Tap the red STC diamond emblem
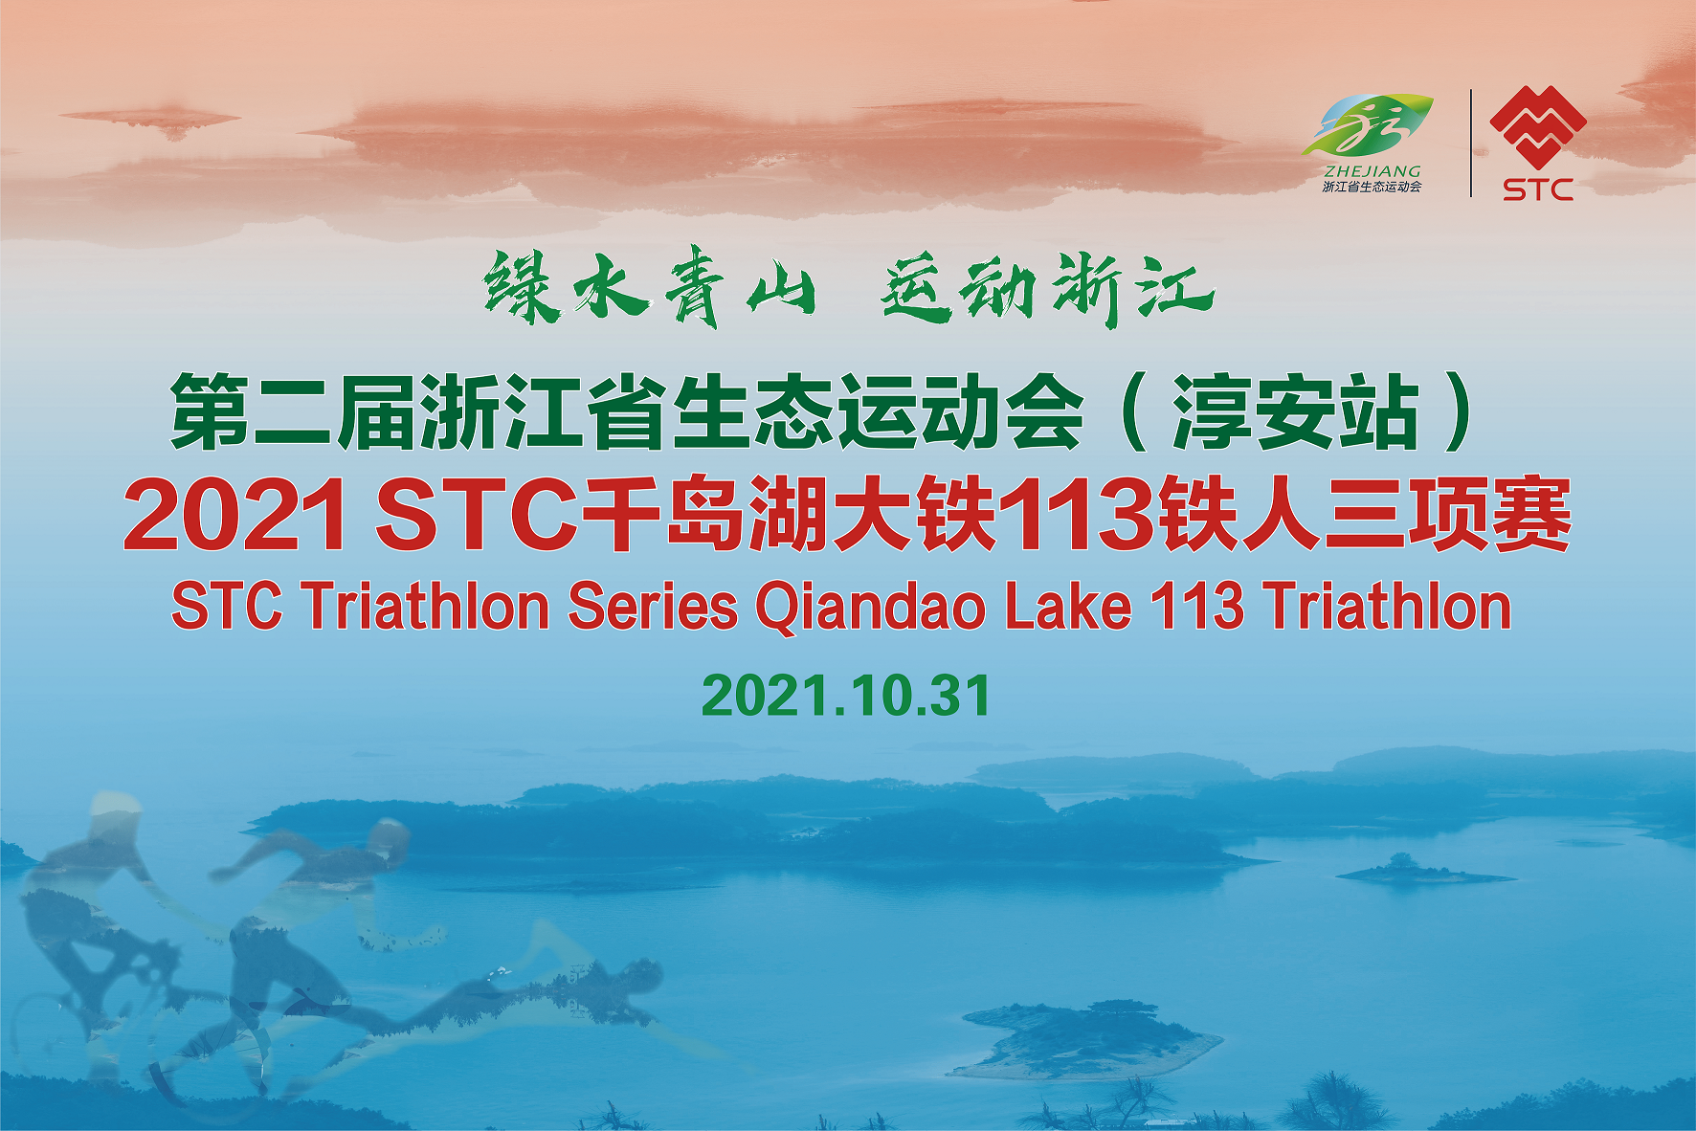coord(1538,126)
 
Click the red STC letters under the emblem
coord(1538,189)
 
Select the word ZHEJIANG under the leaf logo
coord(1372,171)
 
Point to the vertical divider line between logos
coord(1471,144)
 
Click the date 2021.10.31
coord(846,696)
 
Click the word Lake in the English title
coord(1068,607)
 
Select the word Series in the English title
coord(653,607)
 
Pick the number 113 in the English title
coord(1196,607)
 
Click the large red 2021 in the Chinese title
coord(235,516)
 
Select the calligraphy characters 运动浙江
coord(1047,288)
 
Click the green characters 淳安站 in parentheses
coord(1296,412)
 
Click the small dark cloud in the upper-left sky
coord(150,120)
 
